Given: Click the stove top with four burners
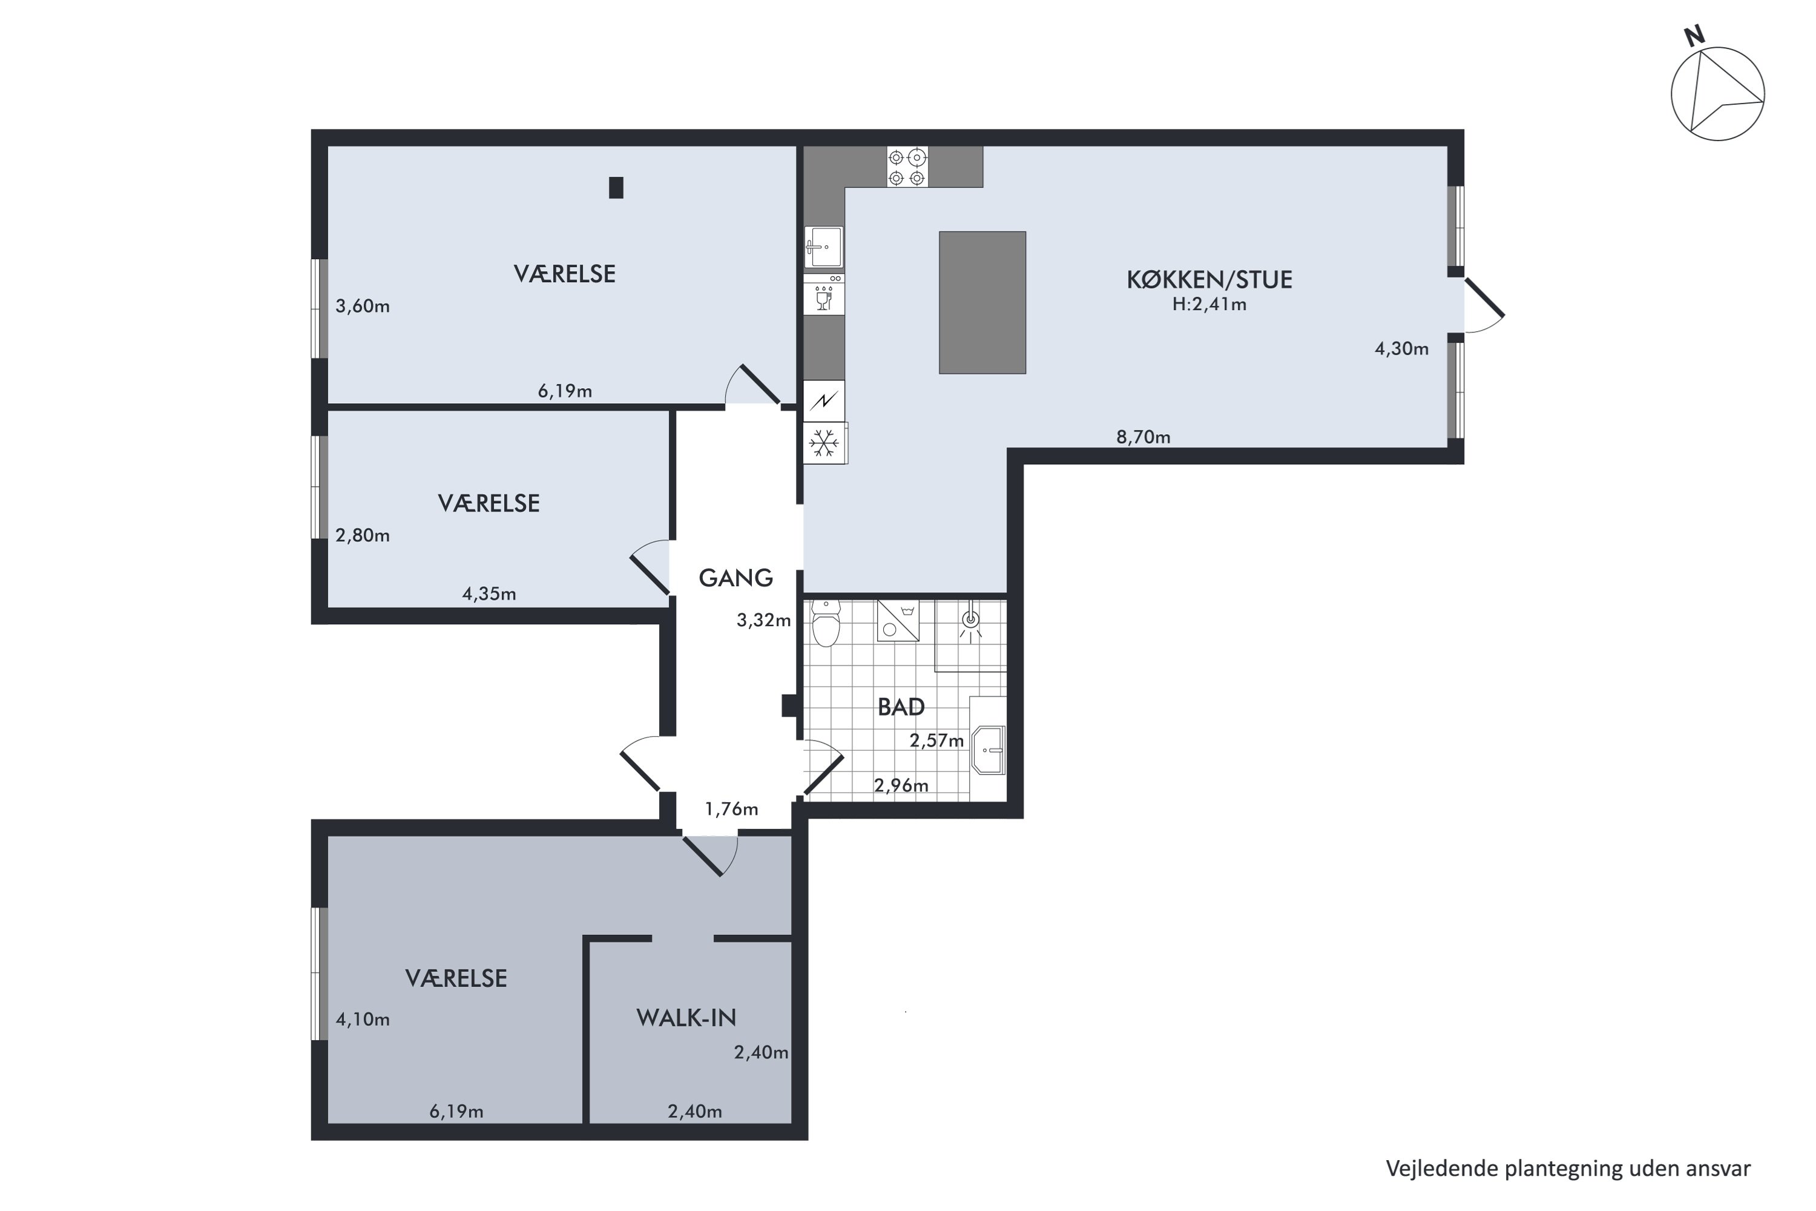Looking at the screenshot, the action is pos(907,168).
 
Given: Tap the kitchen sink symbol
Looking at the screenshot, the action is pos(824,247).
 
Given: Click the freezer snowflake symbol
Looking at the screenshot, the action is pos(824,443).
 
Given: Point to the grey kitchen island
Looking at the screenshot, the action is pos(982,303).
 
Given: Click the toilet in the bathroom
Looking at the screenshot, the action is pos(826,623).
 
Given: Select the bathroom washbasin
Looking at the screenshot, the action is pos(989,749).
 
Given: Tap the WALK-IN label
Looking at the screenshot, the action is pos(686,1017).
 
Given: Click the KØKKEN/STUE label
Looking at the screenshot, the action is pos(1209,280).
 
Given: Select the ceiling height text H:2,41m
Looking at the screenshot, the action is pos(1209,305).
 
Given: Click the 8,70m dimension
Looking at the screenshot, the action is pos(1143,437).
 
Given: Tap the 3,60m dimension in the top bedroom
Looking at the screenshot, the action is pos(362,306).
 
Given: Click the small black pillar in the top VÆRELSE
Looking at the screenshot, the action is pos(616,188).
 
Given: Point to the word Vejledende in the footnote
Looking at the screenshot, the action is pos(1441,1169).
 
